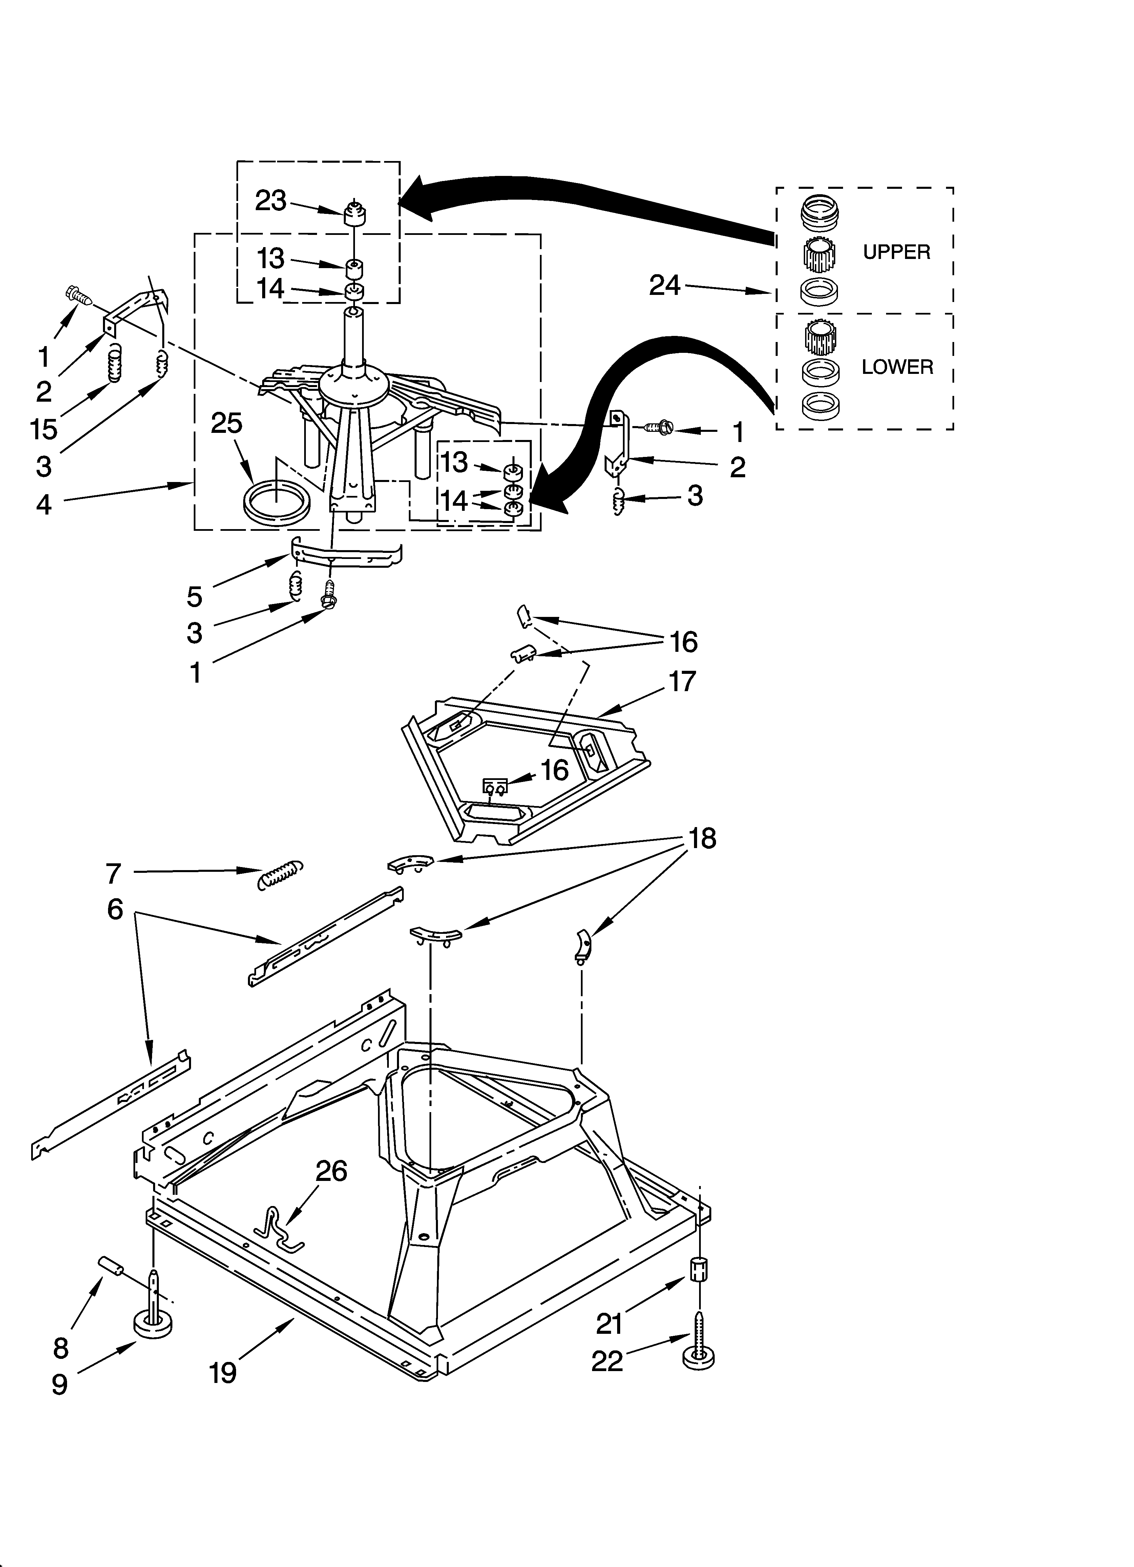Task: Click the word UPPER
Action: pyautogui.click(x=897, y=252)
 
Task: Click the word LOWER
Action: pyautogui.click(x=897, y=367)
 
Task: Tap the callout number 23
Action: pyautogui.click(x=271, y=201)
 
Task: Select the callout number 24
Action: pyautogui.click(x=664, y=285)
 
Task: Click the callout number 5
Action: pyautogui.click(x=195, y=596)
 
